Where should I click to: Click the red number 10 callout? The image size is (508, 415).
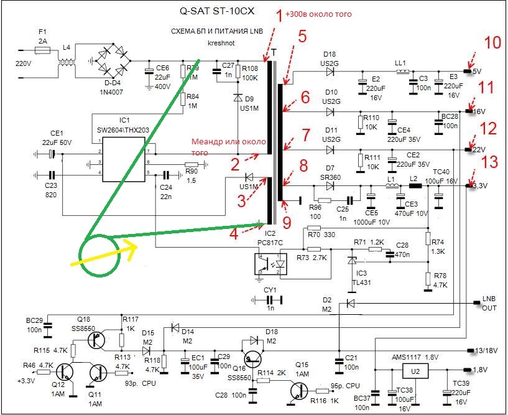click(492, 42)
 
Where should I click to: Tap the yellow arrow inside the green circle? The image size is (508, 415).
click(119, 252)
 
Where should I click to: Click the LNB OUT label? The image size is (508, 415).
click(492, 303)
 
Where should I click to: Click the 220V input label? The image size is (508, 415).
click(23, 63)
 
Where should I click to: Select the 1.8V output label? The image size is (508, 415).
click(481, 370)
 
